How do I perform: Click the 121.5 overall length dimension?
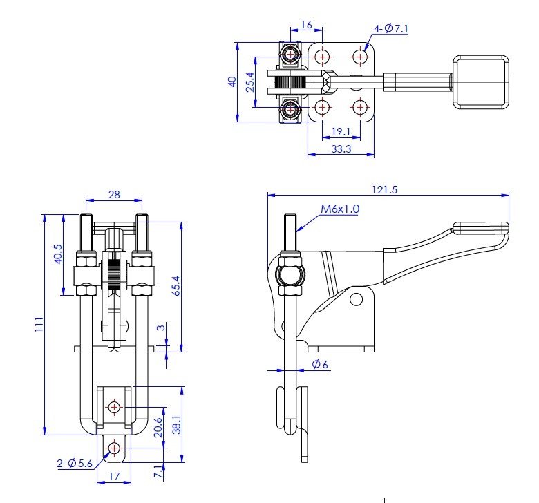(385, 190)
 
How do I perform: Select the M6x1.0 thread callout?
(340, 209)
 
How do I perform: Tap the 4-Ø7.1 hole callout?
(391, 28)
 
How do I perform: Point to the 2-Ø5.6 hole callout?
(75, 464)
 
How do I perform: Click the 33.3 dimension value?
(341, 149)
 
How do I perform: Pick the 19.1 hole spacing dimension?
(341, 132)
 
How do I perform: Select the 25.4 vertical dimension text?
(250, 82)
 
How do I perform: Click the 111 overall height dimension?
(39, 324)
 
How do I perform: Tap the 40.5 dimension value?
(58, 254)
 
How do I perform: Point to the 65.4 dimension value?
(176, 286)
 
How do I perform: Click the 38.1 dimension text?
(176, 425)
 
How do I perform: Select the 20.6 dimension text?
(158, 428)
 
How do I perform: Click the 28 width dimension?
(114, 195)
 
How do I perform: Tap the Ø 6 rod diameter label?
(320, 364)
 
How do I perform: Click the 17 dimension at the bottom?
(115, 477)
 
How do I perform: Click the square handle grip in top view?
(480, 82)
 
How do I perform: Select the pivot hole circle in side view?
(356, 299)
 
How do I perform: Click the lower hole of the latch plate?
(114, 448)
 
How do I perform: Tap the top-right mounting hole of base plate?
(360, 57)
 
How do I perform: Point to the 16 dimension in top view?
(307, 25)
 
